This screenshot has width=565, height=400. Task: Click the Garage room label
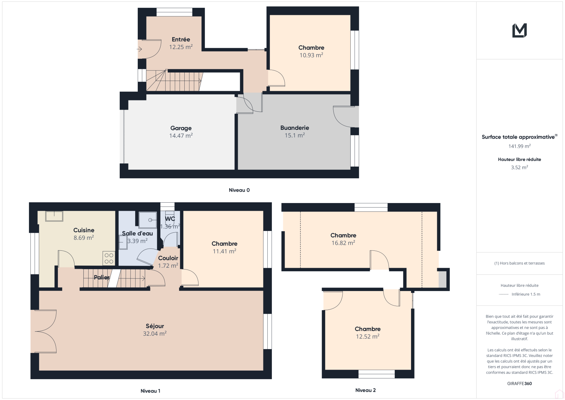(181, 128)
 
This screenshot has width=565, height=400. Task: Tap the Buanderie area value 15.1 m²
(295, 135)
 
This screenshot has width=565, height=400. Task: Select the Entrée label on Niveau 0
(181, 39)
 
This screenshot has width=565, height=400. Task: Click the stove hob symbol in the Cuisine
(109, 258)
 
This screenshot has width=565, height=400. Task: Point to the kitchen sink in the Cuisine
(54, 216)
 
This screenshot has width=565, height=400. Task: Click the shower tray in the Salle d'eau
(148, 220)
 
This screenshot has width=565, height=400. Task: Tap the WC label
(170, 219)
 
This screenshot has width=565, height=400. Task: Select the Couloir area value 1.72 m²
(168, 266)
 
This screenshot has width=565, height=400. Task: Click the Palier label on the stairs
(102, 277)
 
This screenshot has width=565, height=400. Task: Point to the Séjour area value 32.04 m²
(155, 334)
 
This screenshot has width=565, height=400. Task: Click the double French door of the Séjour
(43, 331)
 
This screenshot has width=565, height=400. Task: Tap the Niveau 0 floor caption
(239, 190)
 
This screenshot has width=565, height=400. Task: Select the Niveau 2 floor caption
(365, 390)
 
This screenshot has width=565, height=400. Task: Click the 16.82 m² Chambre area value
(343, 243)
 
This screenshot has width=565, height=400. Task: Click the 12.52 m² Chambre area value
(368, 337)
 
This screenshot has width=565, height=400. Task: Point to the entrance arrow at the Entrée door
(139, 49)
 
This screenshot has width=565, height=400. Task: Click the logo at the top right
(519, 30)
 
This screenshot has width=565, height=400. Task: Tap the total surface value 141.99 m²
(519, 146)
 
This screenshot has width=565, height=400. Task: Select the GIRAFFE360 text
(519, 383)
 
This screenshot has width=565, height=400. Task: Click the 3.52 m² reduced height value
(519, 167)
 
